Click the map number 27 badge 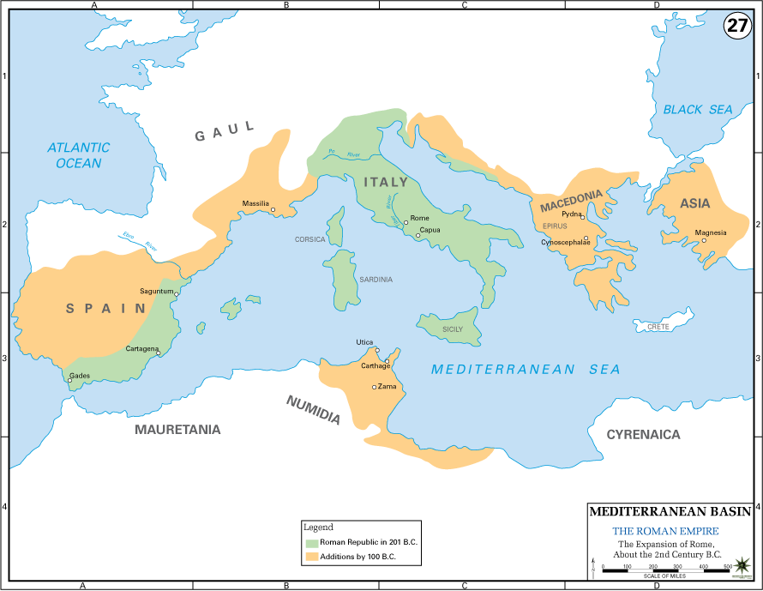(737, 25)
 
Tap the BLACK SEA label (698, 110)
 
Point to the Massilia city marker (273, 209)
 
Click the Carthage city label (374, 366)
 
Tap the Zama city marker (374, 387)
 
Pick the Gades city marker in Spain (70, 381)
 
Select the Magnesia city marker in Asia (704, 240)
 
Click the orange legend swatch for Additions (312, 558)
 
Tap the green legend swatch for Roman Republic (312, 543)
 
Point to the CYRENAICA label (643, 435)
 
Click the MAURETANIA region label (177, 430)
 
